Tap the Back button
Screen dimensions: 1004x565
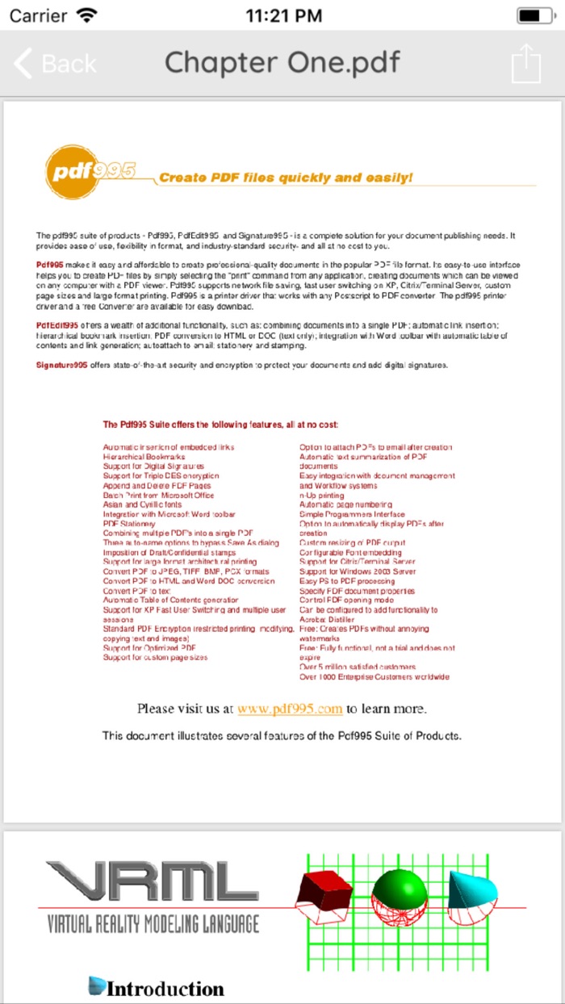tap(55, 64)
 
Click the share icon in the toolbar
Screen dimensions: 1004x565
tap(525, 63)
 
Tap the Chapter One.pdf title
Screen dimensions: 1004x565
tap(282, 63)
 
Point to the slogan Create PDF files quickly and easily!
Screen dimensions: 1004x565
tap(286, 178)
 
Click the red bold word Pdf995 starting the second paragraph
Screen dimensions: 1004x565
tap(50, 266)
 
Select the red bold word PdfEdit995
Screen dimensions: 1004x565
tap(57, 325)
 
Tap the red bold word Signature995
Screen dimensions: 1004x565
tap(61, 365)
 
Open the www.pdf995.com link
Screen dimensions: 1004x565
tap(290, 709)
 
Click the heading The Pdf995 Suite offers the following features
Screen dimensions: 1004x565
tap(220, 425)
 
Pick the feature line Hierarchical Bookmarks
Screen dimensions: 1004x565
tap(144, 457)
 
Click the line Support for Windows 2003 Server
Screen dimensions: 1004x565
tap(358, 571)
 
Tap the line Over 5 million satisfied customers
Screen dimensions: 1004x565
tap(358, 667)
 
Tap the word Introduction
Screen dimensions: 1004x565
tap(165, 989)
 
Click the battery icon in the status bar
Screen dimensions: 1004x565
tap(529, 15)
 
